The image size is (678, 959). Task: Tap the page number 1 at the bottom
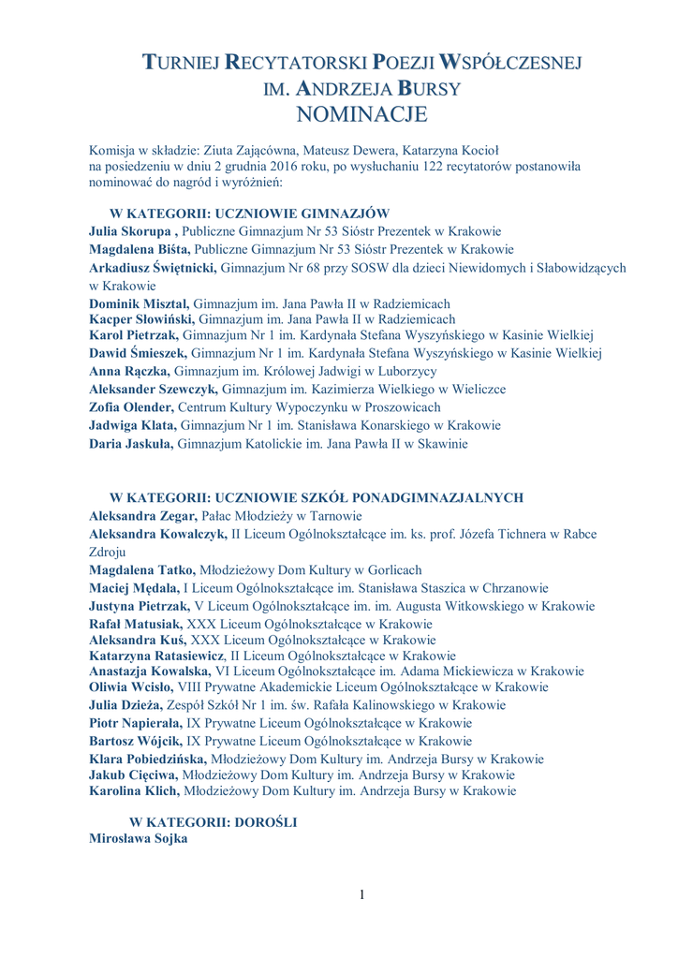pyautogui.click(x=361, y=894)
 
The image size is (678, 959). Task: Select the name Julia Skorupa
pyautogui.click(x=130, y=230)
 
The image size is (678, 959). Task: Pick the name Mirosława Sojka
pyautogui.click(x=138, y=839)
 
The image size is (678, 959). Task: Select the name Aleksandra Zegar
pyautogui.click(x=141, y=516)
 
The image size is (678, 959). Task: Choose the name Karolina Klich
pyautogui.click(x=134, y=790)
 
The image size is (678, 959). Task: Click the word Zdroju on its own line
pyautogui.click(x=108, y=552)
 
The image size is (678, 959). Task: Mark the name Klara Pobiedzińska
pyautogui.click(x=147, y=759)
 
